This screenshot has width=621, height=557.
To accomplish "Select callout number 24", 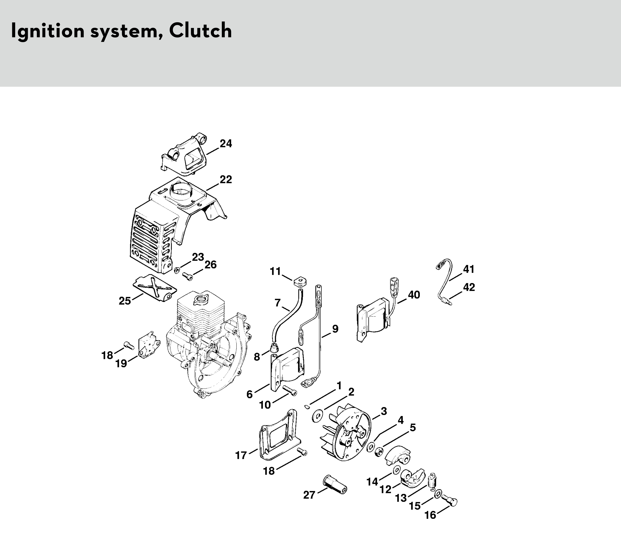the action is (226, 144).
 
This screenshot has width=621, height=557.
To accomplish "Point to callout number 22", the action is (226, 179).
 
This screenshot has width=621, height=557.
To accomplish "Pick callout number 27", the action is (309, 495).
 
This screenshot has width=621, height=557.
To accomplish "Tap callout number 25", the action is (125, 301).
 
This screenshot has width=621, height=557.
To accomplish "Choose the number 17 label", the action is (241, 455).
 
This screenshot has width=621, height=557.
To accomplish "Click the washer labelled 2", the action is (318, 417).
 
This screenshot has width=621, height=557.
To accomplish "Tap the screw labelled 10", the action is (289, 390).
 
